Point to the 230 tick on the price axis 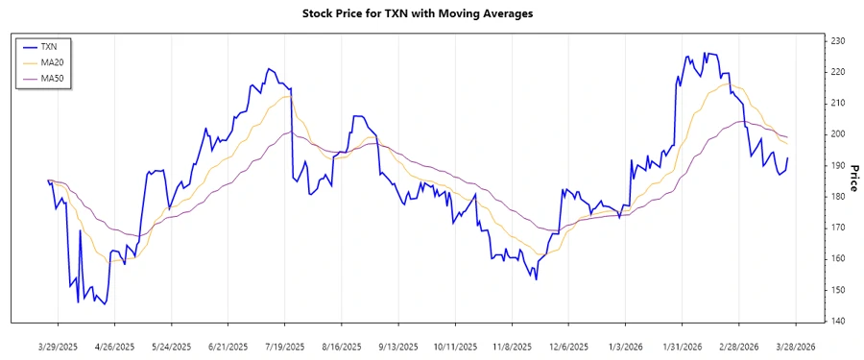tap(838, 41)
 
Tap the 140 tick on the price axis tap(838, 321)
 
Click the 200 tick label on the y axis tap(838, 134)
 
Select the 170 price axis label tap(838, 228)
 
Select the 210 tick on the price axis tap(838, 103)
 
